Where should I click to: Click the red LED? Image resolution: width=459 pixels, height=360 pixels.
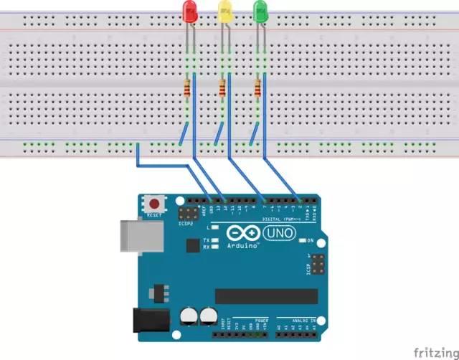pos(190,11)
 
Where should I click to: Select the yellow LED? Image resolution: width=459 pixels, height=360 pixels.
pos(225,11)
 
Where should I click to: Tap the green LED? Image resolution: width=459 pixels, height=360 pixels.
pos(260,11)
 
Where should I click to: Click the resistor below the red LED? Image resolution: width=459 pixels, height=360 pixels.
pos(189,90)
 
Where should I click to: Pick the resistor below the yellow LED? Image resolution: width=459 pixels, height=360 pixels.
pos(222,90)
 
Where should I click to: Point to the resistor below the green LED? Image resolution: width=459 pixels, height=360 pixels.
pos(257,90)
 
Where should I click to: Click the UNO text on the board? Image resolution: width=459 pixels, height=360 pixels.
pos(279,233)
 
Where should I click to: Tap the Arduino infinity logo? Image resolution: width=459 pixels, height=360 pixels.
pos(242,234)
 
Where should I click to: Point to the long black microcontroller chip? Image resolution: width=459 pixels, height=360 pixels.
pos(266,296)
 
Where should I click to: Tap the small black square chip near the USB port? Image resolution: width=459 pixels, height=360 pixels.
pos(191,245)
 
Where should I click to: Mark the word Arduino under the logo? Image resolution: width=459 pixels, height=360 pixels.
pos(243,246)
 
